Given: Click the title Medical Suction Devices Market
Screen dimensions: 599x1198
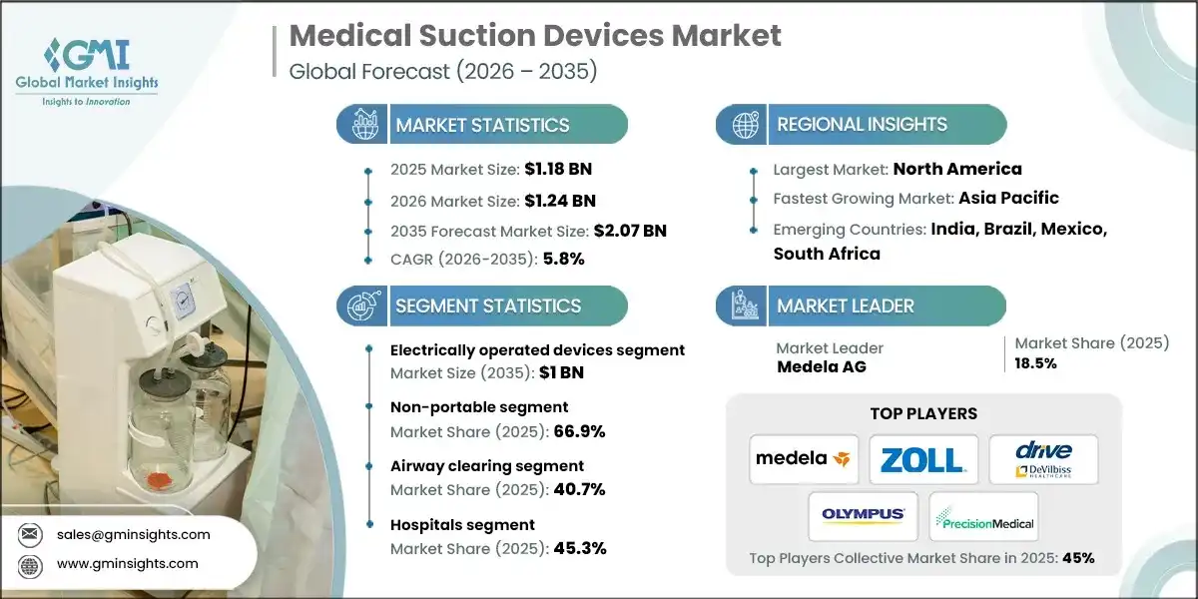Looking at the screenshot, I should (x=535, y=37).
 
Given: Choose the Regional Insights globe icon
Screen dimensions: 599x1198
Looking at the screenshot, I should (x=745, y=125).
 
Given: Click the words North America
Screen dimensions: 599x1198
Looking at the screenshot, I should (x=956, y=169).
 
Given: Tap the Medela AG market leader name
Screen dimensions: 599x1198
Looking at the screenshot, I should (x=823, y=366).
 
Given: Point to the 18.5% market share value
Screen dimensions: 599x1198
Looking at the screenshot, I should (x=1036, y=363).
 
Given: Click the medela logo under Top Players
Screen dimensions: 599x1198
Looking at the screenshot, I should (x=804, y=459).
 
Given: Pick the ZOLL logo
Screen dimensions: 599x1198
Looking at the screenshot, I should (x=923, y=459).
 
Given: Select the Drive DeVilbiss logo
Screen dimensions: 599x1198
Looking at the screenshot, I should (x=1043, y=459).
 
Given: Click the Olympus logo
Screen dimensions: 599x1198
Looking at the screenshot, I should (x=864, y=516).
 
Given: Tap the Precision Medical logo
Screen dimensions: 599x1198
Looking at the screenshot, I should (x=983, y=516).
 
